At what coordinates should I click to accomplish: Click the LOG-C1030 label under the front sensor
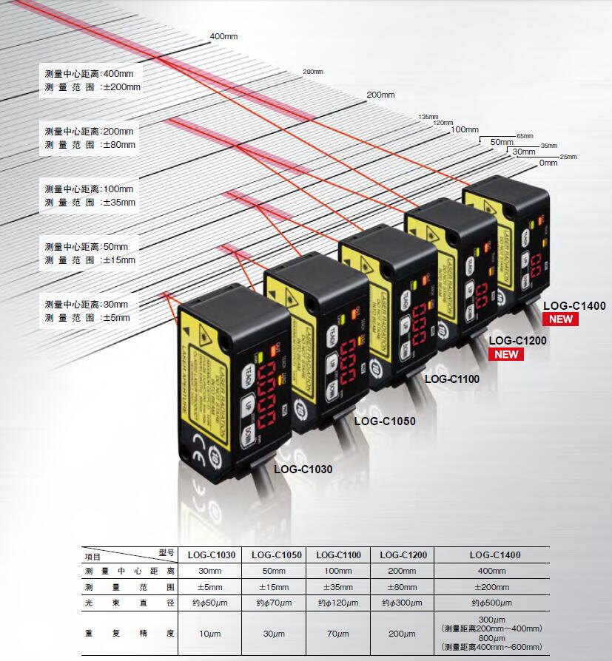point(303,468)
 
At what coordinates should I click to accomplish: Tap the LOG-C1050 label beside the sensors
point(385,421)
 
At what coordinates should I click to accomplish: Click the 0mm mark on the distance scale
point(548,163)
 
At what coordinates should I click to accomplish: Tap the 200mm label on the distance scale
point(381,95)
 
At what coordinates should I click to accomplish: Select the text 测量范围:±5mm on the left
point(87,318)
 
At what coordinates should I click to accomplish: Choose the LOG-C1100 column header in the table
point(338,555)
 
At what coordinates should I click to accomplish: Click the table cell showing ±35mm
point(338,587)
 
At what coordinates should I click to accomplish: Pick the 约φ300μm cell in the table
point(403,603)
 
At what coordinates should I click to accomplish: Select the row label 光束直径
point(130,603)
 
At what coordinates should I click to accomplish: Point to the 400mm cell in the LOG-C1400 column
point(492,571)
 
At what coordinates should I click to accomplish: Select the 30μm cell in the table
point(274,634)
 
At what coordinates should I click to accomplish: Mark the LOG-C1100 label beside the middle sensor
point(451,379)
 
